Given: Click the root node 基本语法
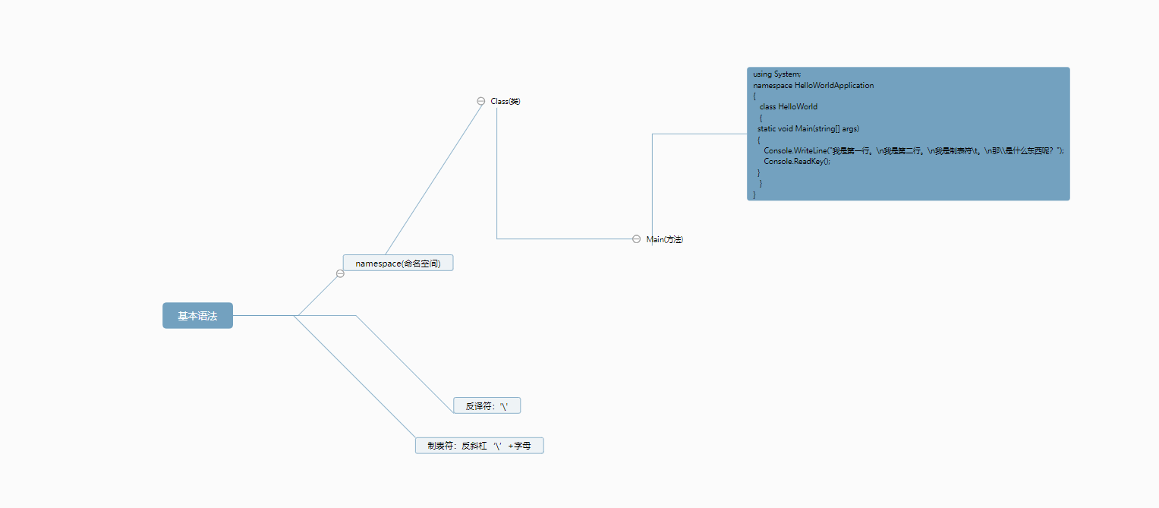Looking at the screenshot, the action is pos(197,315).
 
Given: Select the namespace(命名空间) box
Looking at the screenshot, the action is pos(398,263).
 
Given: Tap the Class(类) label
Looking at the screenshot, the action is pos(505,101).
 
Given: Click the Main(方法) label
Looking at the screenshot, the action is pos(665,239).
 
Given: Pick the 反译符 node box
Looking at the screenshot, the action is pos(487,405).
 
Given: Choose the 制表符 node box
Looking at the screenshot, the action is pos(479,445).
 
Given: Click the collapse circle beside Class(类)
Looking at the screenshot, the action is pos(480,101).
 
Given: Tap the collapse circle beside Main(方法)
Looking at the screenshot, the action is pos(636,238).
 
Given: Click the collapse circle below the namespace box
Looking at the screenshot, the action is pos(340,273).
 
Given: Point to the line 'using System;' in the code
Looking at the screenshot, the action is pos(776,74).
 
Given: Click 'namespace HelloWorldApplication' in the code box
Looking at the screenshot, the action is pos(814,86).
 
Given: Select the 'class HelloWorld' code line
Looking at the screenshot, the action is pos(789,106).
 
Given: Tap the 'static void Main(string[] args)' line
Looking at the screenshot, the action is pos(808,128).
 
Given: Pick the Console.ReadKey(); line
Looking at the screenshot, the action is pos(797,161).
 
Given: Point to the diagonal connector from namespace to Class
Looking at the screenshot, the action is pos(435,178).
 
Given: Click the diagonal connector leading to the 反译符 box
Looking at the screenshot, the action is pos(405,364).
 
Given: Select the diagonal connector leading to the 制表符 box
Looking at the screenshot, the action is pos(354,377).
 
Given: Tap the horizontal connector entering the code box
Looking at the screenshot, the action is pos(700,134).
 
